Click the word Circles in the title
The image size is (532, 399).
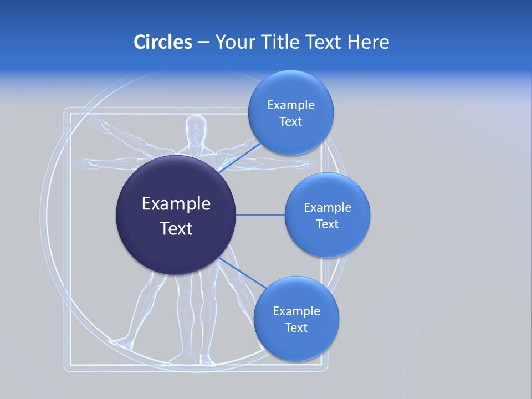click(163, 42)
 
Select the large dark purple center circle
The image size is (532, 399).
click(176, 244)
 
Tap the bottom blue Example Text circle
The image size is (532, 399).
click(296, 344)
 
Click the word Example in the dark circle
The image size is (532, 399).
click(176, 204)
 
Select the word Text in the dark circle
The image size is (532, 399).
click(176, 228)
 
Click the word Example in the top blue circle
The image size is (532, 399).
click(290, 105)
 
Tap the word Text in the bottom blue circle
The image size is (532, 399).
click(296, 328)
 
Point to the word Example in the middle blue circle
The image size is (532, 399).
click(327, 207)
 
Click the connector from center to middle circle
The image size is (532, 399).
click(260, 215)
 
